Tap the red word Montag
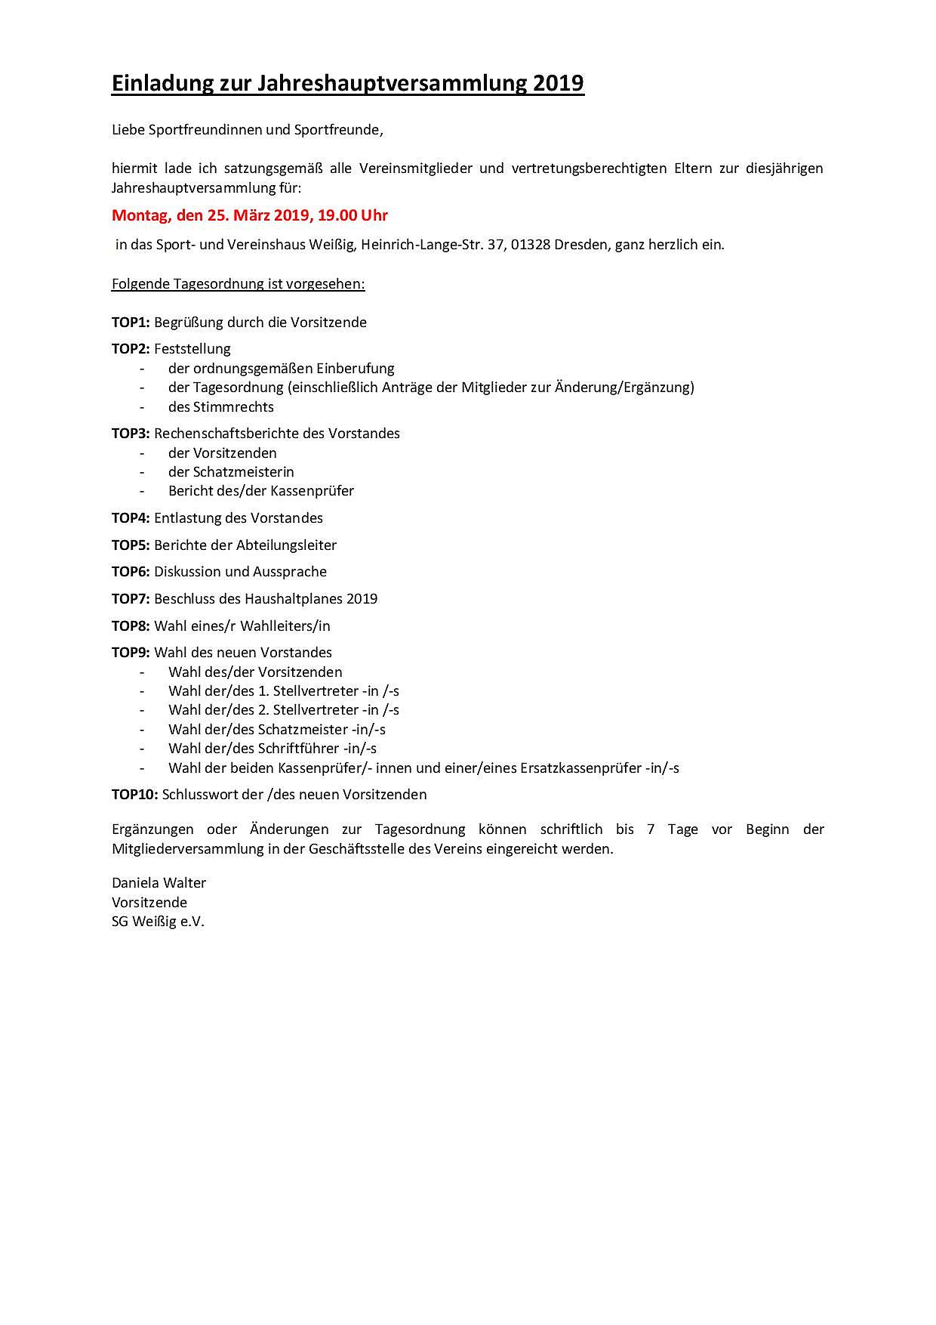[141, 215]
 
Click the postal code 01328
[531, 245]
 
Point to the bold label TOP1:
[131, 323]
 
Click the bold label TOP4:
[131, 518]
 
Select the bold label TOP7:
[131, 599]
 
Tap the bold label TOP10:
[134, 795]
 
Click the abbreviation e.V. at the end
[191, 922]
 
